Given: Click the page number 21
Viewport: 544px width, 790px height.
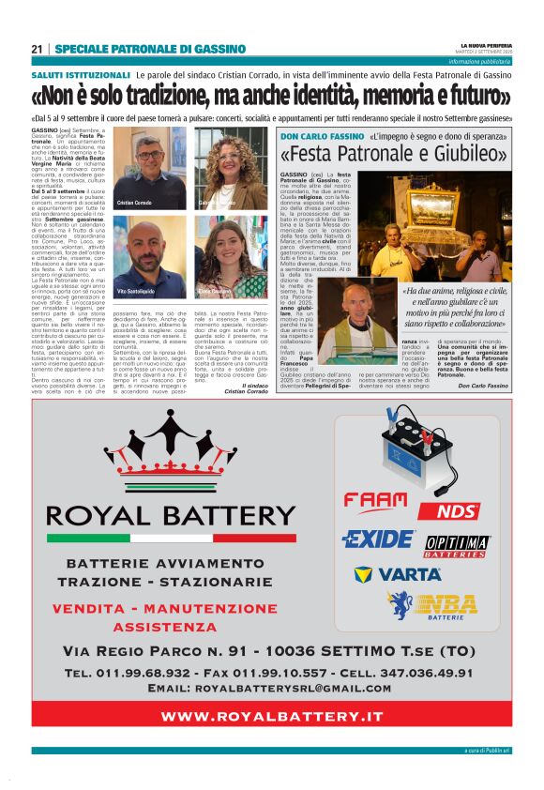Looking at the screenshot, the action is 38,49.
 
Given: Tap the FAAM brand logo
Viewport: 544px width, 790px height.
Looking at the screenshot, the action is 375,500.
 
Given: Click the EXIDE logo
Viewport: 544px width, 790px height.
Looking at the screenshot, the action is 378,539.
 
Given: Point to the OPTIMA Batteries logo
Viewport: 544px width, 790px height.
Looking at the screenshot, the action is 458,546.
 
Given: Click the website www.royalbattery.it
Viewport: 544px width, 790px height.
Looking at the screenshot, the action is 272,716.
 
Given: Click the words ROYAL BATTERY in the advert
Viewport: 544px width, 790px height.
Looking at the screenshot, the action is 172,515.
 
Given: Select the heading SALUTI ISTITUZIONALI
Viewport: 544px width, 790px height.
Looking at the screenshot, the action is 81,74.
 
